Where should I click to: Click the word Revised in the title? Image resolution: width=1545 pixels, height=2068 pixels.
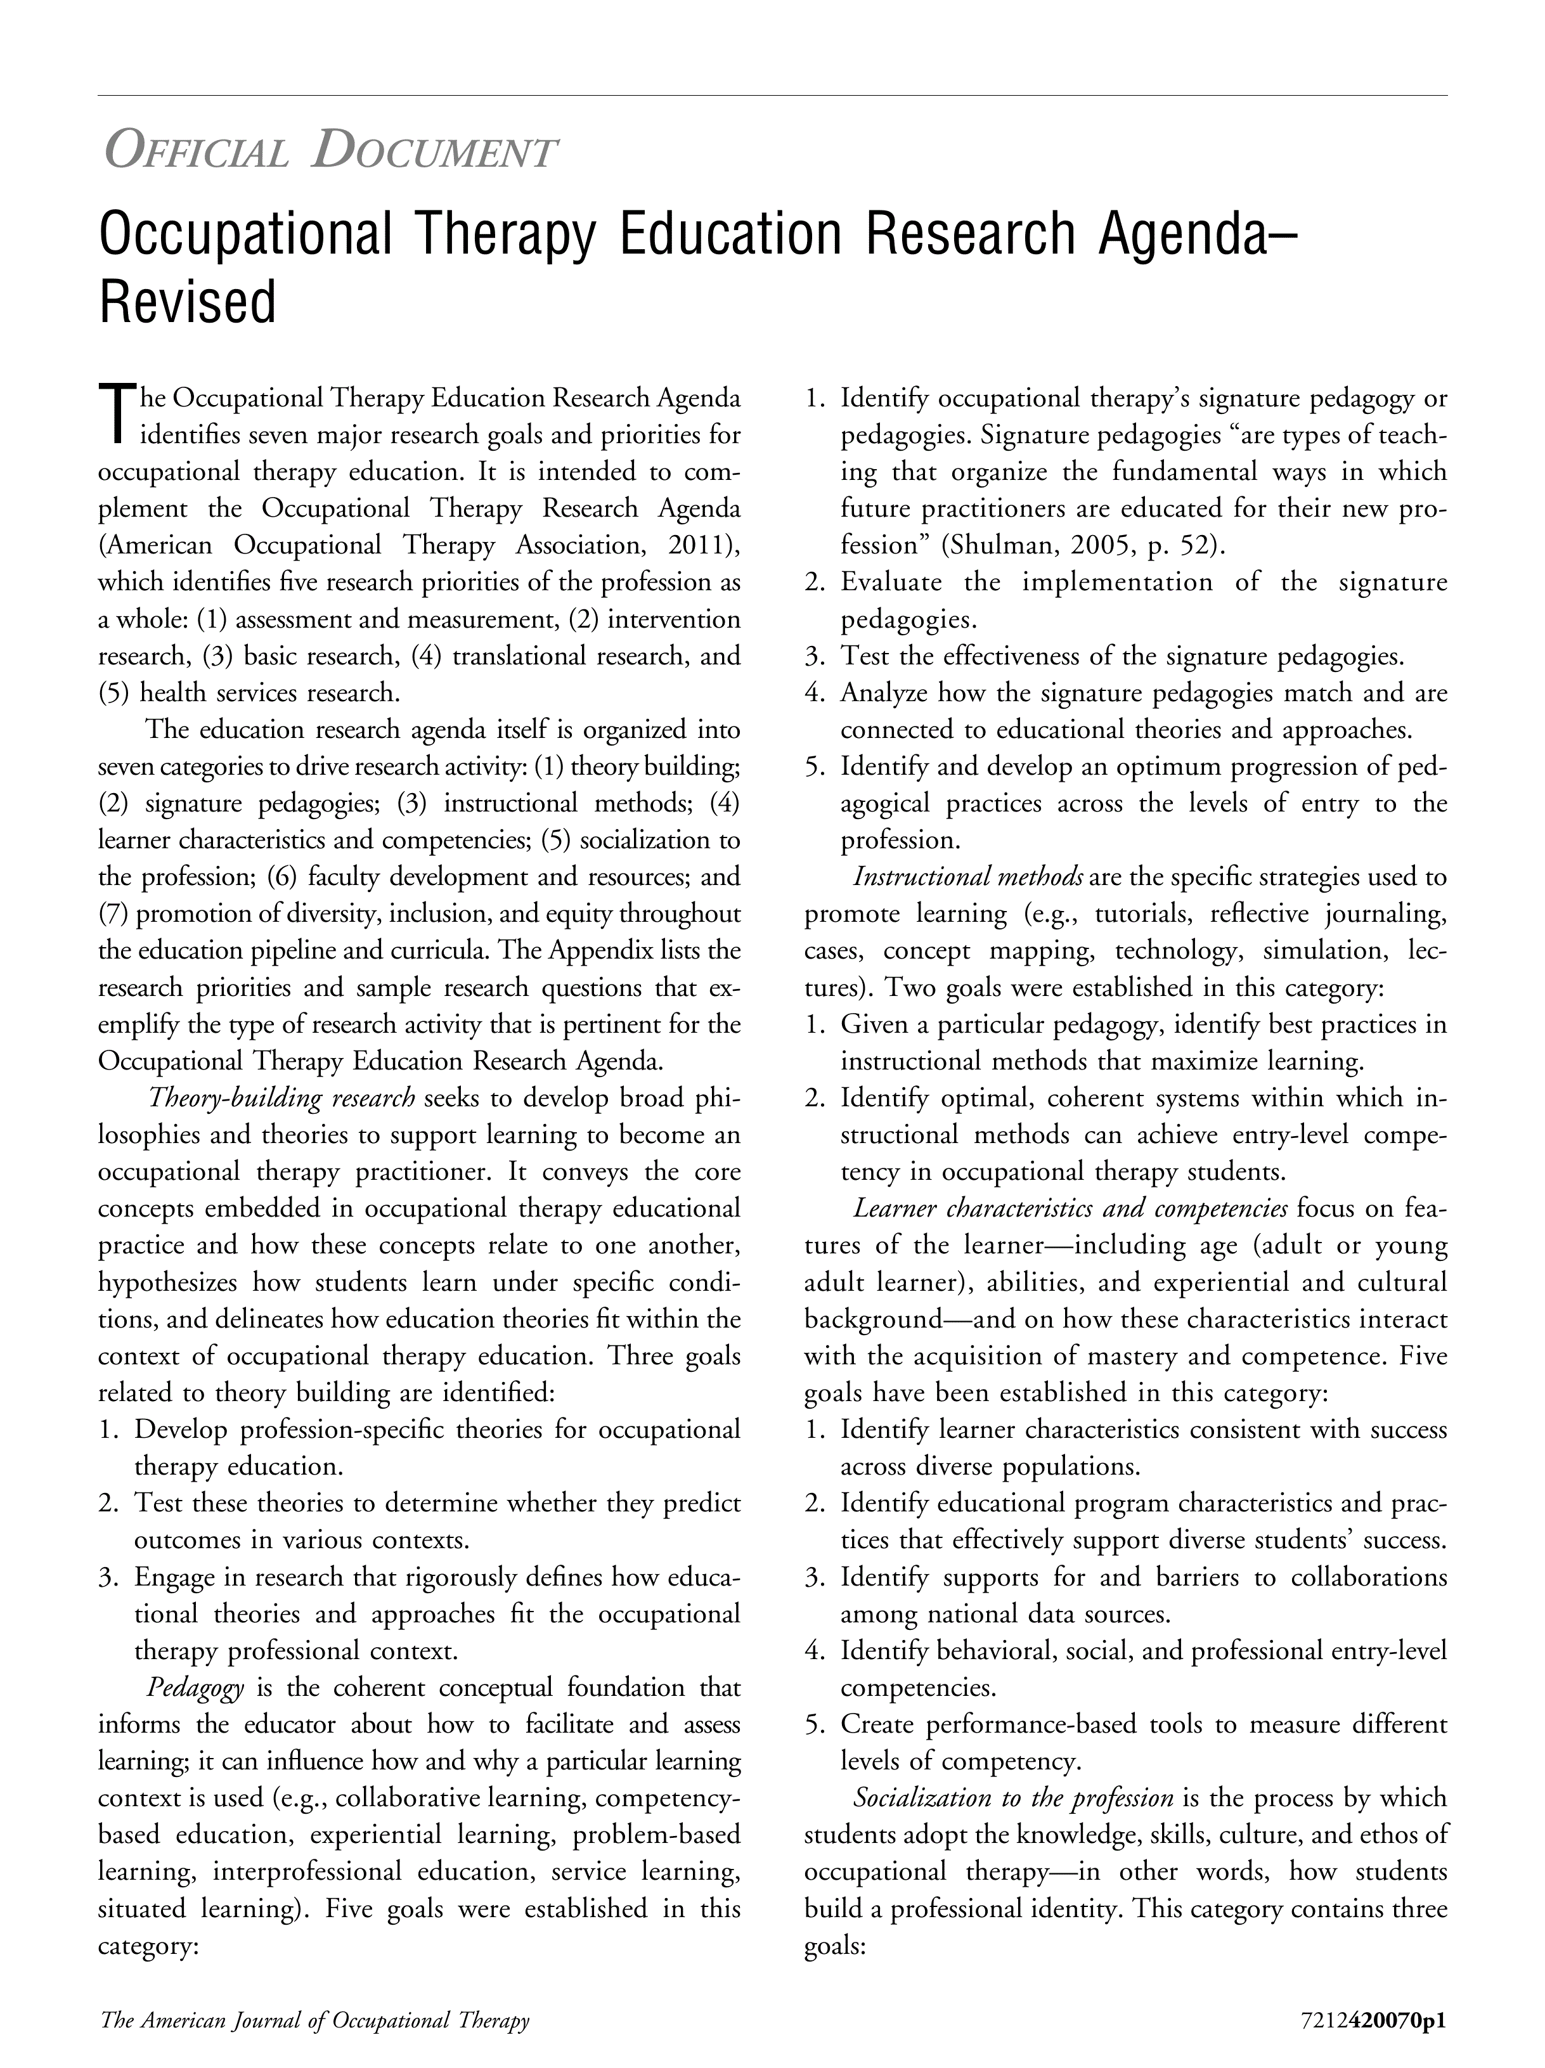tap(187, 302)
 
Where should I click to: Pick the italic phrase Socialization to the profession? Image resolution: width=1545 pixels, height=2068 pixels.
tap(1013, 1798)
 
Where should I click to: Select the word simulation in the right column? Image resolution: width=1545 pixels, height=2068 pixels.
tap(1317, 951)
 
